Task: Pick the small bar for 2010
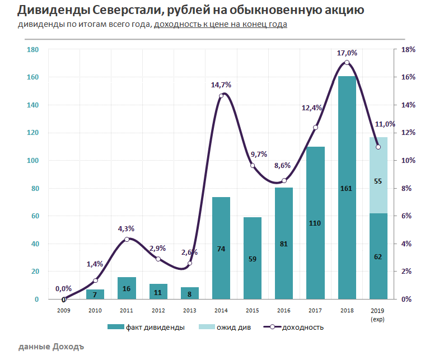pos(95,294)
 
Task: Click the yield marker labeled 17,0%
pos(347,63)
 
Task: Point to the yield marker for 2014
pos(221,96)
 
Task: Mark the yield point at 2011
pos(127,239)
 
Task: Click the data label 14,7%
pos(221,85)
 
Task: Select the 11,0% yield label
pos(385,124)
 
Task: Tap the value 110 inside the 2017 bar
pos(315,223)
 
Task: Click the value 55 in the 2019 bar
pos(379,181)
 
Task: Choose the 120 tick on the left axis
pos(32,133)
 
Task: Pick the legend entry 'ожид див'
pos(230,328)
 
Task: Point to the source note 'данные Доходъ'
pos(51,347)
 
